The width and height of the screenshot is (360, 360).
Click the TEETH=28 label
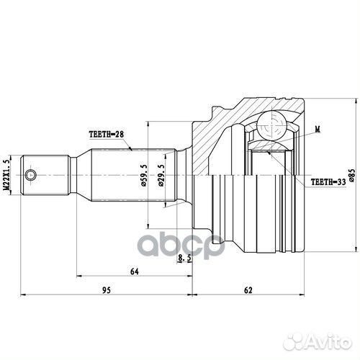click(107, 134)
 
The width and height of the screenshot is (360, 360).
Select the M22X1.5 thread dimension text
click(8, 176)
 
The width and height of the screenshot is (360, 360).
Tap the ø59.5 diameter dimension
click(144, 175)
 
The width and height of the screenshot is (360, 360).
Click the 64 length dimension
click(134, 272)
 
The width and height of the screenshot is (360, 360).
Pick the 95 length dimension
click(105, 291)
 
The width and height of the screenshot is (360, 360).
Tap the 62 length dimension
click(248, 291)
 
